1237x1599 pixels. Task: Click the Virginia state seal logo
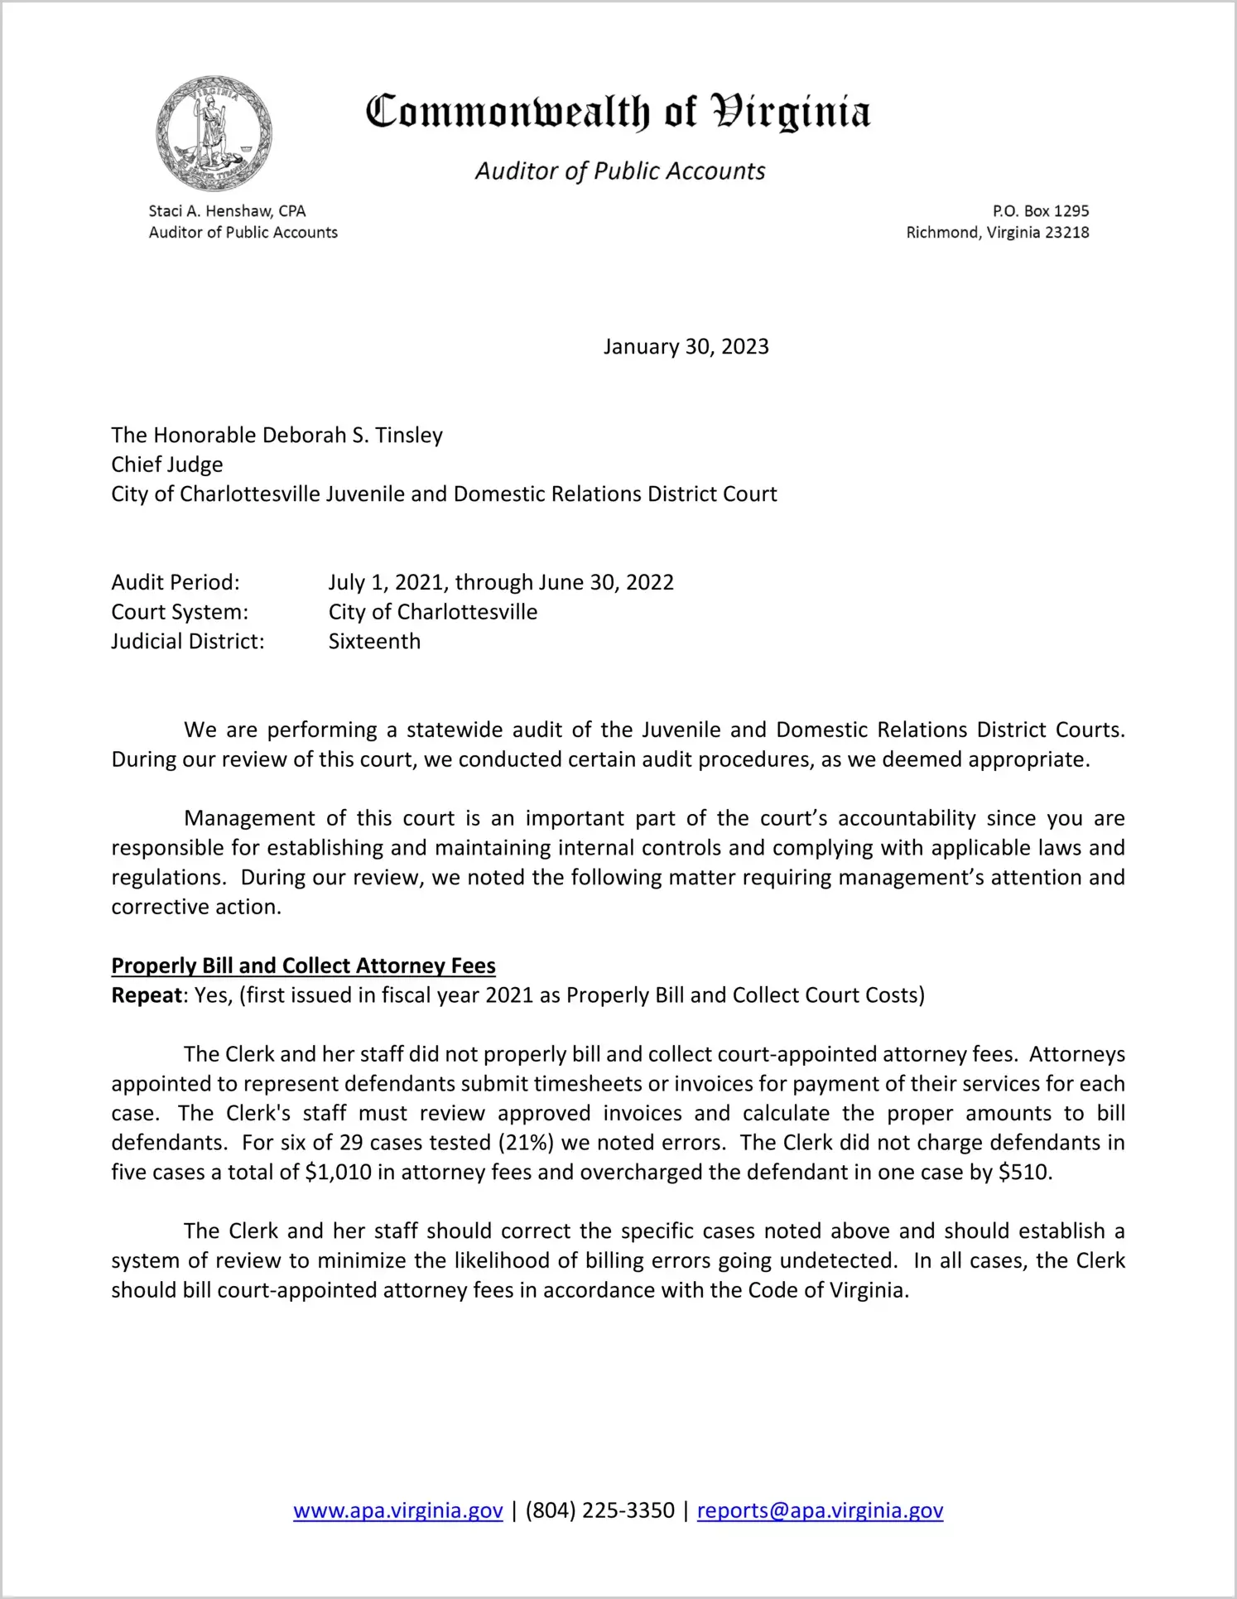coord(214,133)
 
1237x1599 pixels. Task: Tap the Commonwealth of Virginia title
coord(618,112)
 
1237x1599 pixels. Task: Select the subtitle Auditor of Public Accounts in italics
coord(620,171)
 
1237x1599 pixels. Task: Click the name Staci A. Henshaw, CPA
coord(227,211)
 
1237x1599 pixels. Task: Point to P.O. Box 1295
coord(1041,211)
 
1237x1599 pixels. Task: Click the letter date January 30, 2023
coord(686,346)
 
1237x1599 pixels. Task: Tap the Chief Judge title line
coord(167,465)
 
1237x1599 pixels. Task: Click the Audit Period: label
coord(176,583)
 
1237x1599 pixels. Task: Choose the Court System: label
coord(180,612)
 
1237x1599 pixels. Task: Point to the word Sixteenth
coord(374,642)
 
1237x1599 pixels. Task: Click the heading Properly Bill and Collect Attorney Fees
coord(303,966)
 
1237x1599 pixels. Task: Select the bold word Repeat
coord(147,995)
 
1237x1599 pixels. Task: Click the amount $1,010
coord(338,1173)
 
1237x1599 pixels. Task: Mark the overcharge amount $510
coord(1024,1173)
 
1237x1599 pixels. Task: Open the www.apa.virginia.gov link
coord(398,1510)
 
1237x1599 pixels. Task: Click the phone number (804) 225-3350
coord(599,1510)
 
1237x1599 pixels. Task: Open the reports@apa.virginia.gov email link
coord(820,1510)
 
